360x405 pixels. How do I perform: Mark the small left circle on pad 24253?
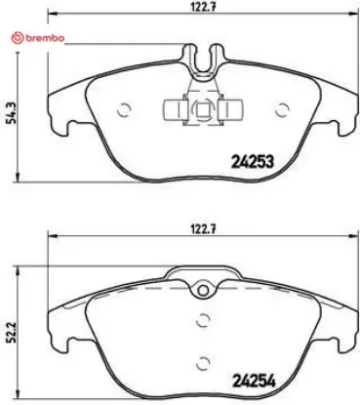coord(123,109)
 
